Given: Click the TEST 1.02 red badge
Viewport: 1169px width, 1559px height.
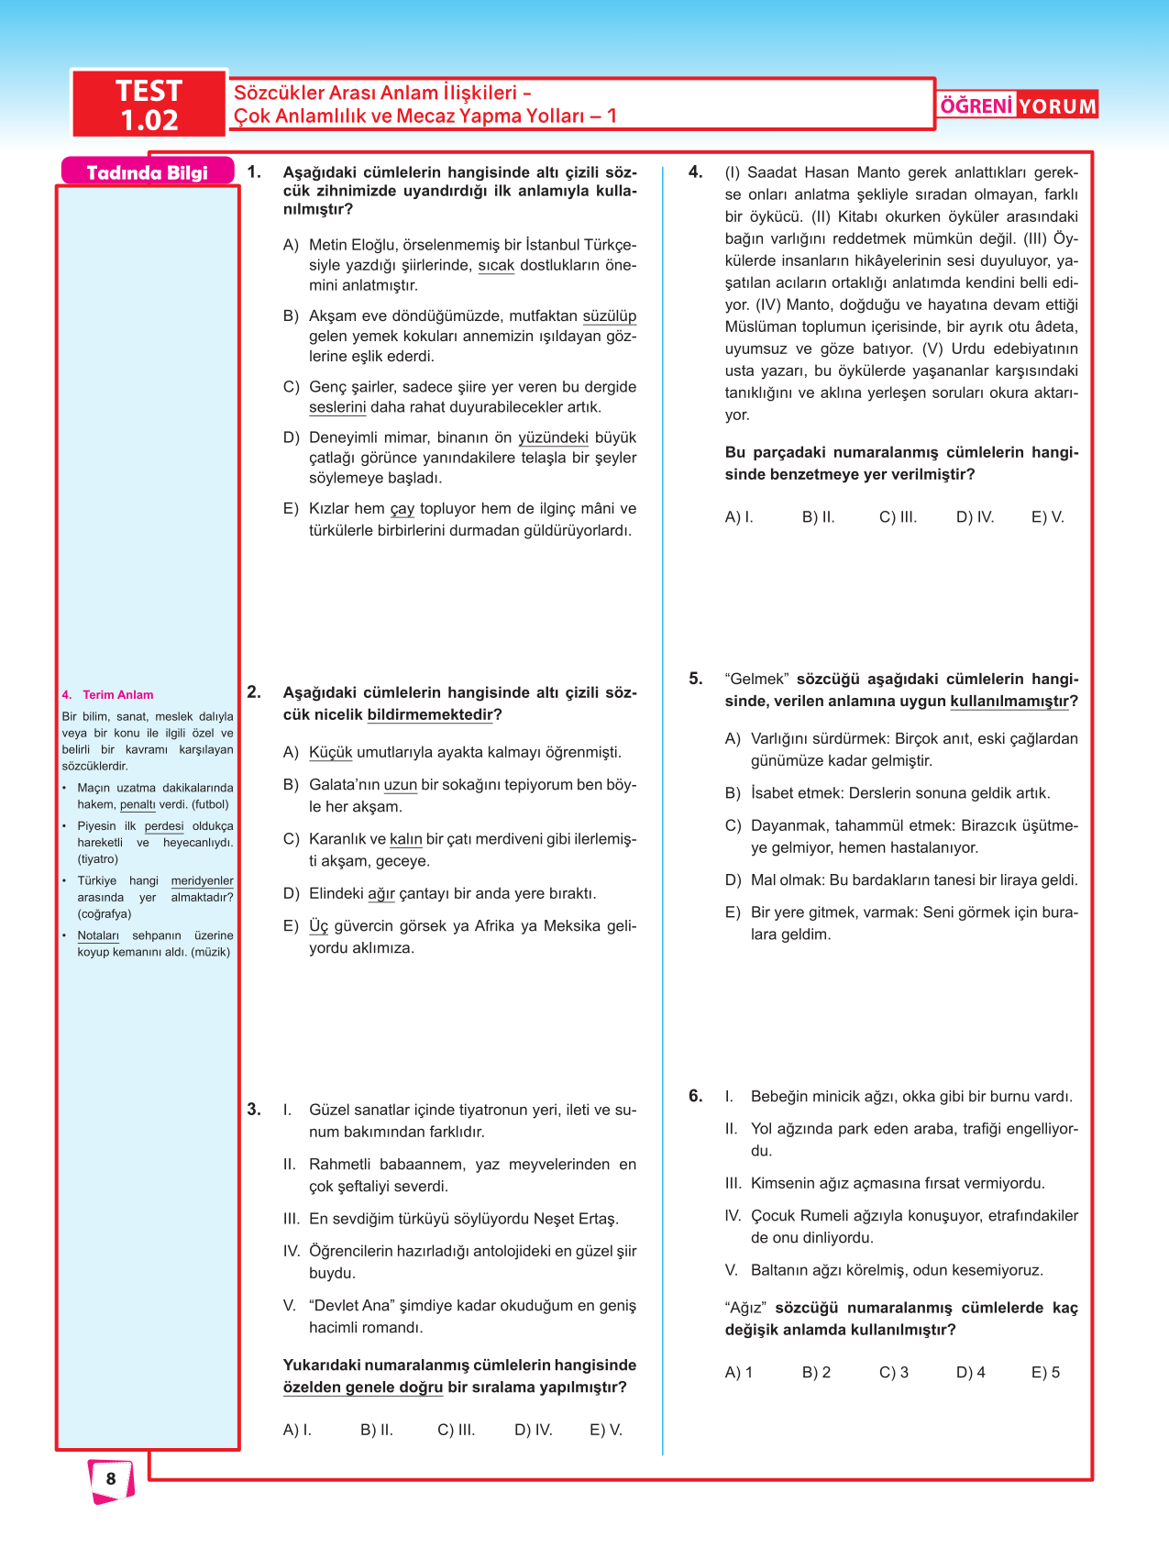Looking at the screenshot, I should [x=149, y=105].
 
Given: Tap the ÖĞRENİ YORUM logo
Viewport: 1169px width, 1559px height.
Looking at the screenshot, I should [x=1018, y=105].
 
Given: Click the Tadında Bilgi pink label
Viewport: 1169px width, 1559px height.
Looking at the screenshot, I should [x=147, y=172].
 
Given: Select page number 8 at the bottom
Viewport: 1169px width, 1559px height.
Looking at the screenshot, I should [x=111, y=1478].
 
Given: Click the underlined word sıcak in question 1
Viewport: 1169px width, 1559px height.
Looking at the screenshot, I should [x=496, y=266].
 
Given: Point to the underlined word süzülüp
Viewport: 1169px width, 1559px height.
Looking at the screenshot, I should [x=609, y=316].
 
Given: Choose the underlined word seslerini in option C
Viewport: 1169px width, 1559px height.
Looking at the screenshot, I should [x=337, y=407].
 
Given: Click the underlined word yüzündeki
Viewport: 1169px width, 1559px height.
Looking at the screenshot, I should [x=553, y=438].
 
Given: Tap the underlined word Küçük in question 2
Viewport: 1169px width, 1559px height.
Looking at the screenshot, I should [x=330, y=753].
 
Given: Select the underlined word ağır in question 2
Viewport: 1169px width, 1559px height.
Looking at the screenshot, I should [x=380, y=894].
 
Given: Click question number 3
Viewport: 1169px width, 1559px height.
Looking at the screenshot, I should [x=254, y=1110].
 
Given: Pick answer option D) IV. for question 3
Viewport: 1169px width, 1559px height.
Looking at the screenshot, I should [x=533, y=1430].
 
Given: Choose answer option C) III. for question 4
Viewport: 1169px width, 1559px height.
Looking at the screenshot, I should [x=898, y=517].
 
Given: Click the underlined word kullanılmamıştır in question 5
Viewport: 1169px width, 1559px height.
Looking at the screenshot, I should [x=1009, y=702].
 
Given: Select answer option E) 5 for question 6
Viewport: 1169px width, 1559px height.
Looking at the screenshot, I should [x=1045, y=1373].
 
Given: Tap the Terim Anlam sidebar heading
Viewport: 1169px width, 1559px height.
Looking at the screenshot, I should [x=117, y=695].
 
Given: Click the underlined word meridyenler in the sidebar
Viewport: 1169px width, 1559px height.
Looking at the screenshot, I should [x=202, y=881].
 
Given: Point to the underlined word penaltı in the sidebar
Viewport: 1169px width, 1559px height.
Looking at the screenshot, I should [x=138, y=805].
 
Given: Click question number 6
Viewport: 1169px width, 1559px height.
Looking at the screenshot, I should [x=696, y=1096].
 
